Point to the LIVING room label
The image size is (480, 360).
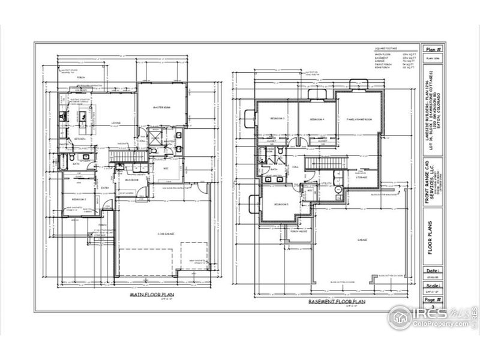116,124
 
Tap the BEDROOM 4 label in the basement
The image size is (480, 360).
317,119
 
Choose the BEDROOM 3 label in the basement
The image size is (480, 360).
277,119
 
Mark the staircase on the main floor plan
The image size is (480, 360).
121,156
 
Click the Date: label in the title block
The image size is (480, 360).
430,271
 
